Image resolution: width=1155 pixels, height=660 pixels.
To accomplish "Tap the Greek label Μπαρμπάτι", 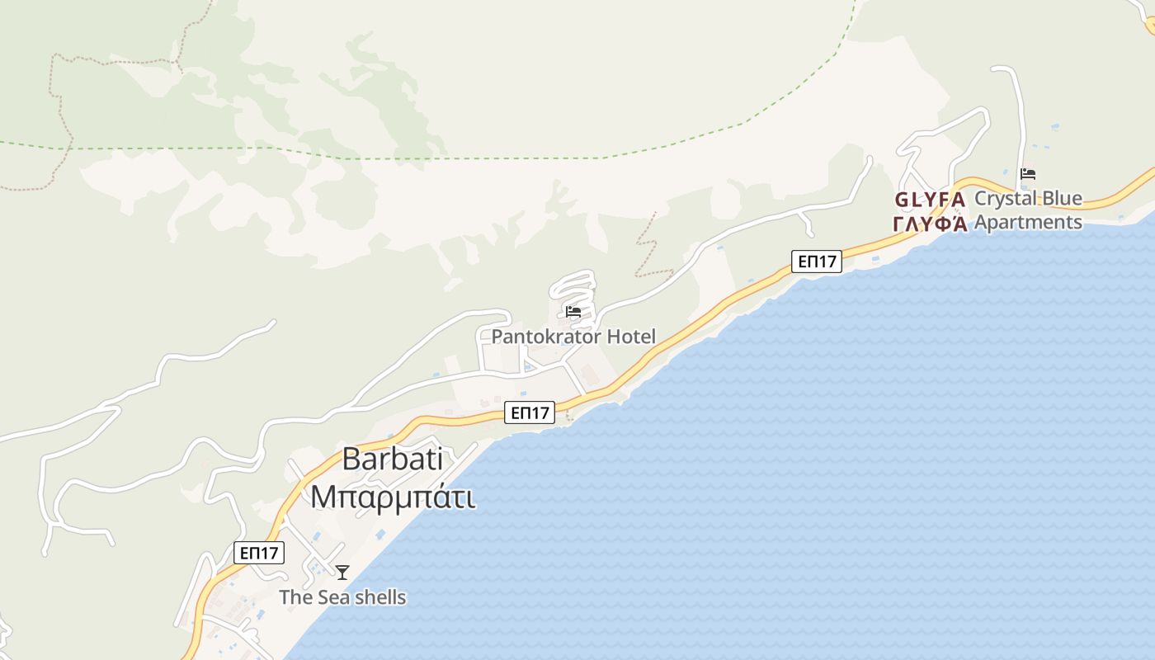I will (x=392, y=497).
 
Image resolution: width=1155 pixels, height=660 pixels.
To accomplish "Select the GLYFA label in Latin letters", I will (x=930, y=200).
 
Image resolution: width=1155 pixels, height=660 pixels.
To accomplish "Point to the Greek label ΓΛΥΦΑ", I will (x=930, y=224).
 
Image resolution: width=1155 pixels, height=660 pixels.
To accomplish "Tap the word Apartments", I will (x=1028, y=222).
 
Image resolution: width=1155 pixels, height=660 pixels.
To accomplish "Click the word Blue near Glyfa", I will (x=1061, y=199).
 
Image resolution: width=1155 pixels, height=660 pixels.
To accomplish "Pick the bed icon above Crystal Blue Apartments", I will (x=1027, y=174).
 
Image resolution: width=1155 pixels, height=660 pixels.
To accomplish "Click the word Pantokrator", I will (x=546, y=337).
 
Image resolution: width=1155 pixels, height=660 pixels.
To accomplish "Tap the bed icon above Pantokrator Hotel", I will (x=573, y=312).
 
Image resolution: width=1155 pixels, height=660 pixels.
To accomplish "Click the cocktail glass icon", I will (x=342, y=572).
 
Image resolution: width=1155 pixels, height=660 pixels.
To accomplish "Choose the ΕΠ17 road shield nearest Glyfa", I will (x=816, y=262).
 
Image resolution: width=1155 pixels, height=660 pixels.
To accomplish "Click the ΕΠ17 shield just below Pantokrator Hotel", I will (x=529, y=412).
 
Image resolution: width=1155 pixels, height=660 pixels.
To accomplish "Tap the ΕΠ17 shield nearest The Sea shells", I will (x=259, y=553).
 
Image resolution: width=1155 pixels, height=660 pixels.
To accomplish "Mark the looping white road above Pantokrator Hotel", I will (x=573, y=288).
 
